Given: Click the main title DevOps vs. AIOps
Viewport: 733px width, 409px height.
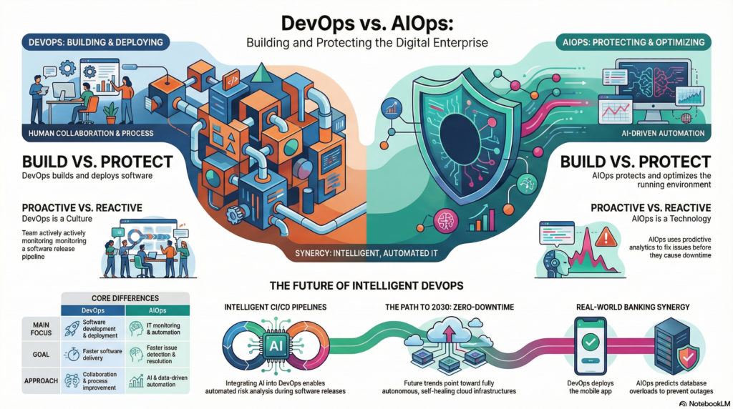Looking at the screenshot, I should coord(366,19).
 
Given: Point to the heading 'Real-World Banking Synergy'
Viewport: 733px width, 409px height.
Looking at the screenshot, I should coord(628,307).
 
